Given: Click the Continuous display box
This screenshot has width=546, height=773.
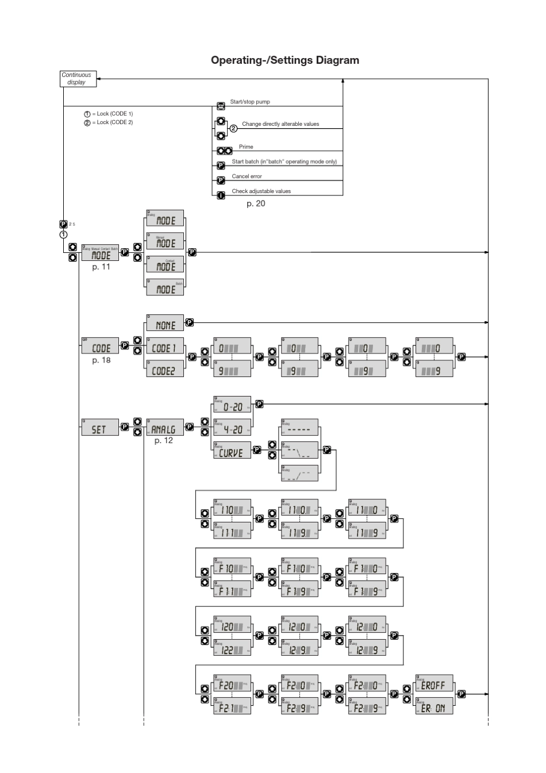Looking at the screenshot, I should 78,79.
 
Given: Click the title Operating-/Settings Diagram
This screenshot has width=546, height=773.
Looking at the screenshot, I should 284,60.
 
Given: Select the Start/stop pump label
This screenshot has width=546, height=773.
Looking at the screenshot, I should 250,102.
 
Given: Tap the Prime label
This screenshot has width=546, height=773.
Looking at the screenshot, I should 246,147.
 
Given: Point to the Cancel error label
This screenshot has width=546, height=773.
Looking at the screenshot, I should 247,176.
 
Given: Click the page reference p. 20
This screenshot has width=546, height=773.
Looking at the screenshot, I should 256,203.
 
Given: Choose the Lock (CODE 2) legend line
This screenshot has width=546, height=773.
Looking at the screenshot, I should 109,122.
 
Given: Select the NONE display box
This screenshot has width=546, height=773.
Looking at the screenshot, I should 165,324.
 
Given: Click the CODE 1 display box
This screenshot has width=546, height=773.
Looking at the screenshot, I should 165,348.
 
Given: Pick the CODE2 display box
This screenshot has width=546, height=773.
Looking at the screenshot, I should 165,371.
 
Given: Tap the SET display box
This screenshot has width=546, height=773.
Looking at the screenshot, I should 99,428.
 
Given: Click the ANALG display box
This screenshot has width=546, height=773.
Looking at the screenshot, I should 165,428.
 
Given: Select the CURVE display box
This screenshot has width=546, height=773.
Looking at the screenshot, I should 232,452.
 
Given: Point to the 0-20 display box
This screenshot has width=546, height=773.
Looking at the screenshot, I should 232,406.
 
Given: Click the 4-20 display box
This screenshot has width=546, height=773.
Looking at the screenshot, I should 232,429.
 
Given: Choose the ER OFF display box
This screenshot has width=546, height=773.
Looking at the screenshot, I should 434,685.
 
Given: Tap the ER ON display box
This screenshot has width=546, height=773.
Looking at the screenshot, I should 434,707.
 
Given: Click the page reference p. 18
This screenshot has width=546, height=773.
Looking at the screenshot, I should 101,360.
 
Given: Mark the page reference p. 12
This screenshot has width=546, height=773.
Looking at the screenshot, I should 163,441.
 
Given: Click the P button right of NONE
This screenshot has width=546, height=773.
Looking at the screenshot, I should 190,323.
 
